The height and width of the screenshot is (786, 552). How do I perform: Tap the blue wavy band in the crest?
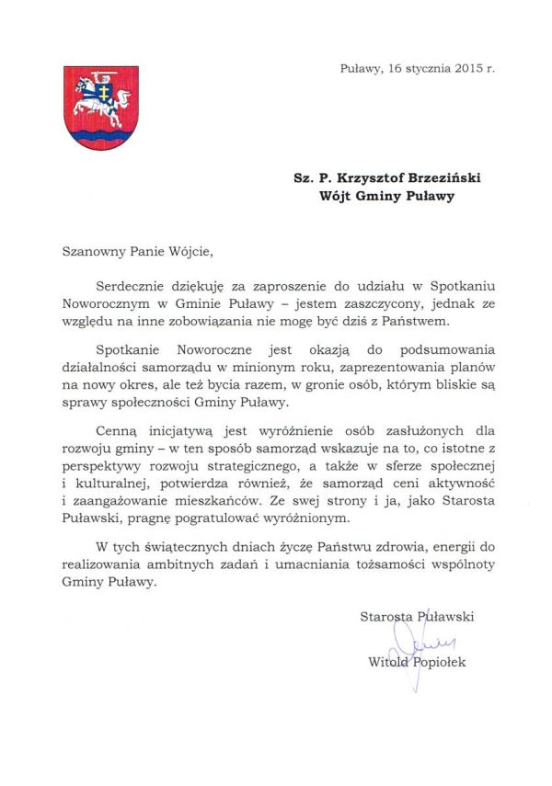101,136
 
